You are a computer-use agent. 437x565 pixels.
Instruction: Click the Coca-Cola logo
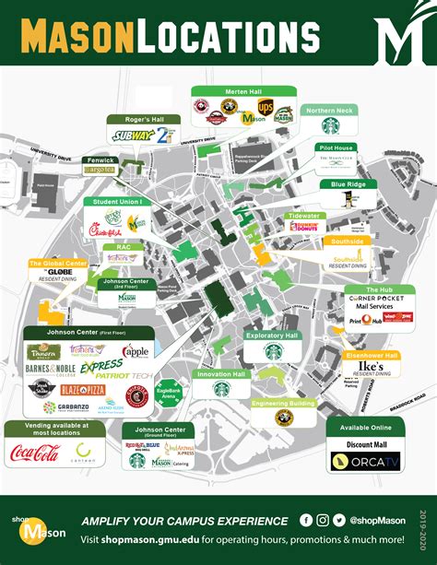[x=33, y=452]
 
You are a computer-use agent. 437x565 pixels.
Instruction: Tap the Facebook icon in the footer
[x=307, y=520]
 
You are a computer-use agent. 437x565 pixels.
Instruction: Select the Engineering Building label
[x=283, y=403]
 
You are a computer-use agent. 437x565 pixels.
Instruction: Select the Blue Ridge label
[x=342, y=184]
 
